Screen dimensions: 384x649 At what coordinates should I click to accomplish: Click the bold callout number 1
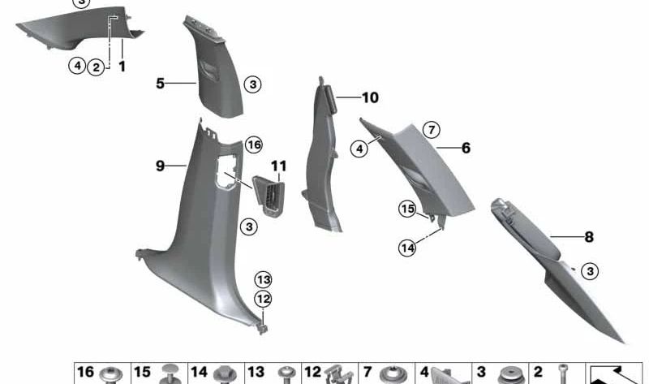[x=122, y=67]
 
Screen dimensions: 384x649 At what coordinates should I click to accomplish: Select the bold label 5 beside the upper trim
[x=161, y=83]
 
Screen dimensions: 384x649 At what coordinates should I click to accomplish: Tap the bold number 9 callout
[x=161, y=166]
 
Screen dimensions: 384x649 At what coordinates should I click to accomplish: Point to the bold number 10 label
[x=370, y=98]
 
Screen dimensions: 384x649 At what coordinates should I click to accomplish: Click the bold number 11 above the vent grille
[x=279, y=167]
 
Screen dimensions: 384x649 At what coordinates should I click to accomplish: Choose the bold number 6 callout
[x=466, y=149]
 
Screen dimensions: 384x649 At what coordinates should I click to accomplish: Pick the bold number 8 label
[x=589, y=237]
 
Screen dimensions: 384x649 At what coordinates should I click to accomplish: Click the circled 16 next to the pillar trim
[x=254, y=145]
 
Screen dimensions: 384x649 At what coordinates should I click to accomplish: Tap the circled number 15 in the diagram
[x=407, y=209]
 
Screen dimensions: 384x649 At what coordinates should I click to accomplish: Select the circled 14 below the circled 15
[x=407, y=247]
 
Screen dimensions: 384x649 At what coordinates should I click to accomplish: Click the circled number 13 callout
[x=263, y=279]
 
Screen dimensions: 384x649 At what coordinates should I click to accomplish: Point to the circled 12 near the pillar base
[x=263, y=299]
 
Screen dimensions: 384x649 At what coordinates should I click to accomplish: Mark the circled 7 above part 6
[x=431, y=130]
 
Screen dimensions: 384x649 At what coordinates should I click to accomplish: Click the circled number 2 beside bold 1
[x=96, y=67]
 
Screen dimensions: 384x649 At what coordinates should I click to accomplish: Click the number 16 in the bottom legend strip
[x=85, y=372]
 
